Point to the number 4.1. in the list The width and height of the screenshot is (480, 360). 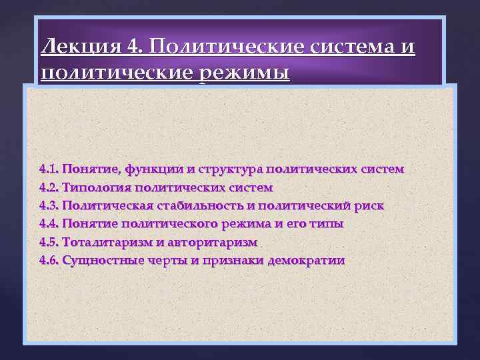pos(49,169)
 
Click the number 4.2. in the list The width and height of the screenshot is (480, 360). pos(49,187)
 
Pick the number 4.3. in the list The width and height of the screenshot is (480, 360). pos(49,206)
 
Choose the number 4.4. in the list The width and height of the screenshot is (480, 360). pos(49,224)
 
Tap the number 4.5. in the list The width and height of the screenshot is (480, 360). pos(49,242)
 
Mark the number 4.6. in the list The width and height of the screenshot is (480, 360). pos(49,260)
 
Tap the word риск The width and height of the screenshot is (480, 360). pos(369,206)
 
